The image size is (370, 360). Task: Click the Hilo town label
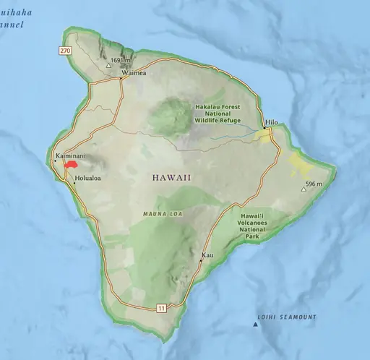[x=272, y=122]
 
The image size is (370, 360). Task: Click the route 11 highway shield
[x=161, y=309]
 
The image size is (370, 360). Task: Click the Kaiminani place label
[x=71, y=155]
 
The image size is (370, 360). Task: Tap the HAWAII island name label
[x=172, y=177]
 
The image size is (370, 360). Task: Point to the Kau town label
[x=208, y=256]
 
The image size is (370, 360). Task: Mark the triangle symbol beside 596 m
[x=304, y=189]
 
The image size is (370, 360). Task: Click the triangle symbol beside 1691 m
[x=109, y=65]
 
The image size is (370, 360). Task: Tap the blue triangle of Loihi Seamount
[x=254, y=325]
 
